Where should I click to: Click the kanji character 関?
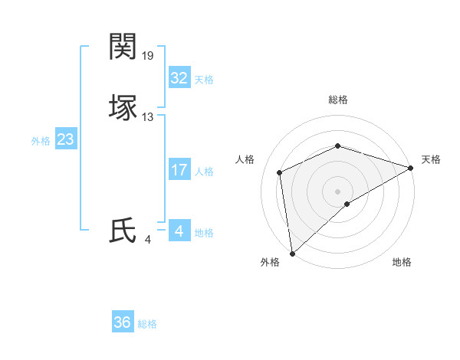click(123, 47)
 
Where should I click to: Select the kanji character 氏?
click(123, 231)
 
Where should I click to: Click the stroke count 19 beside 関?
click(148, 56)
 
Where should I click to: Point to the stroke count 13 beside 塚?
click(148, 117)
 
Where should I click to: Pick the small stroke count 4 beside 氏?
click(147, 240)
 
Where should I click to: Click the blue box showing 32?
click(179, 78)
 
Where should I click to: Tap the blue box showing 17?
click(179, 170)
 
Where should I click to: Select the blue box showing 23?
click(65, 139)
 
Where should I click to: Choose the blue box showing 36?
click(122, 322)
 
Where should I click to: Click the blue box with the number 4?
click(179, 231)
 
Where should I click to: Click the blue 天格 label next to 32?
click(204, 80)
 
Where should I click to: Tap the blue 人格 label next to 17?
click(204, 172)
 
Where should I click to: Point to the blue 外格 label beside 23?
click(41, 141)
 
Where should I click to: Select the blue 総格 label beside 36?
click(147, 324)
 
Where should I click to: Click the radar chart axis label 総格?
click(337, 100)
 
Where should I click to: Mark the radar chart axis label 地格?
click(402, 263)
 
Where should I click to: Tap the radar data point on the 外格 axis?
click(291, 254)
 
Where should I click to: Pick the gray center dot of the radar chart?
click(337, 191)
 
